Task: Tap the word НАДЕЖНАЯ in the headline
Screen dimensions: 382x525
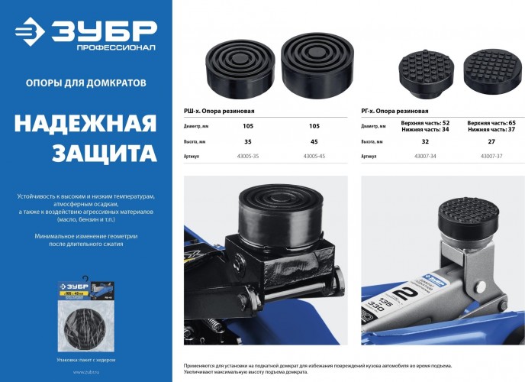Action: (x=85, y=124)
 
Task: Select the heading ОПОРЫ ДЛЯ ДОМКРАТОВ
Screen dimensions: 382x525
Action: (x=85, y=82)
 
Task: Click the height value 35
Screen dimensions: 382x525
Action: (x=247, y=141)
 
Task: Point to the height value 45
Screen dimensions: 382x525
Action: (x=314, y=141)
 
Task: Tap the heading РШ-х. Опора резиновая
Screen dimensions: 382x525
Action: (x=220, y=111)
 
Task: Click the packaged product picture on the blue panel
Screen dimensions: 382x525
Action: (x=85, y=309)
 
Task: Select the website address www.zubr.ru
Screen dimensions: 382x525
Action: (x=85, y=372)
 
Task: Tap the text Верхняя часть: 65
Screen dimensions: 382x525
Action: (x=491, y=122)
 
